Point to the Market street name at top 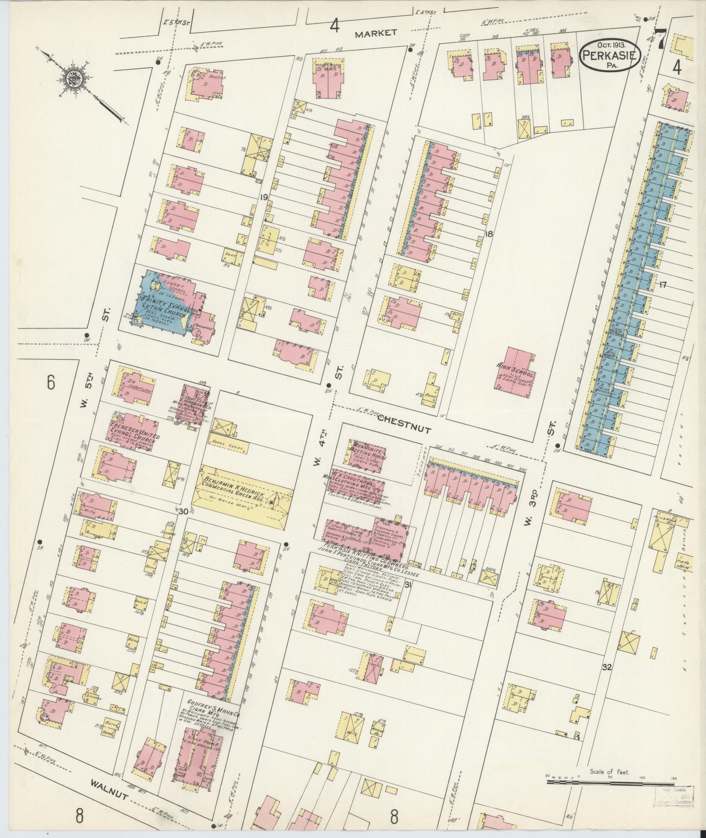(376, 33)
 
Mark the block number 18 (488, 234)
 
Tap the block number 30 (183, 511)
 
